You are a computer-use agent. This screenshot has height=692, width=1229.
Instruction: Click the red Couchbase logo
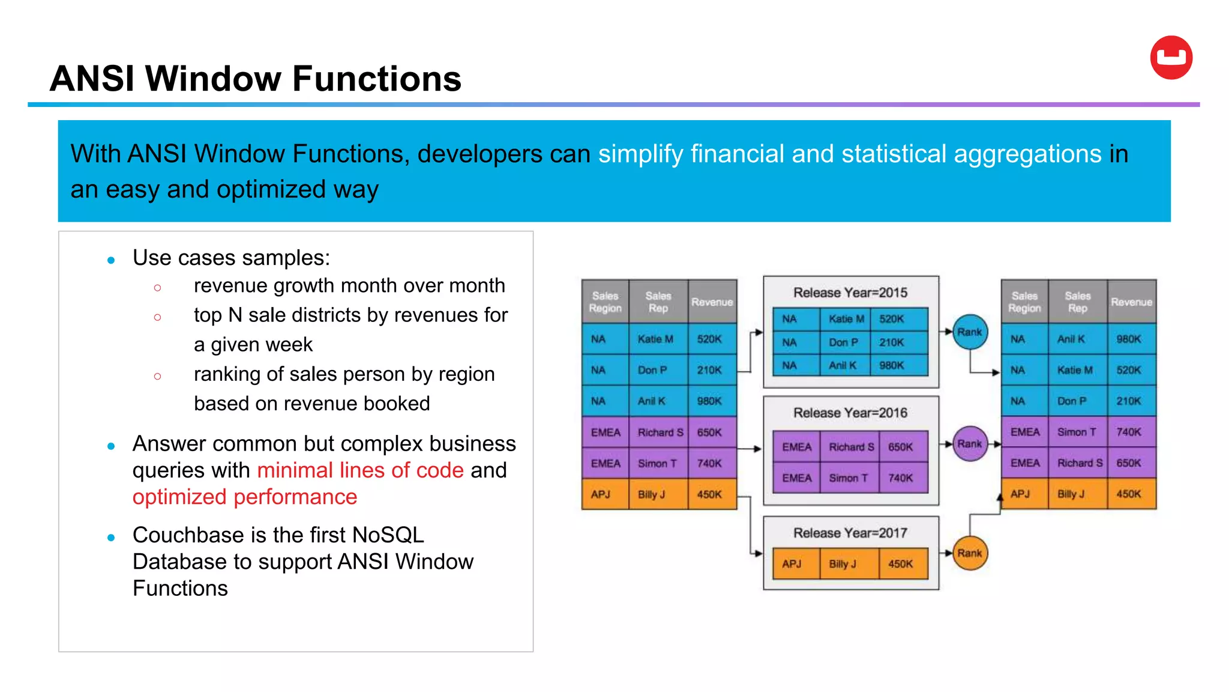pyautogui.click(x=1171, y=58)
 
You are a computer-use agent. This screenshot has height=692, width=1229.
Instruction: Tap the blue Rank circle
pyautogui.click(x=970, y=332)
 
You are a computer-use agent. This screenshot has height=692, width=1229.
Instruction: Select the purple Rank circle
pyautogui.click(x=970, y=444)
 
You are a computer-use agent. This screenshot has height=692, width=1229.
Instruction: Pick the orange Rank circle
pyautogui.click(x=970, y=553)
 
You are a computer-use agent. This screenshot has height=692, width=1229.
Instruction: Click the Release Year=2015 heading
pyautogui.click(x=850, y=293)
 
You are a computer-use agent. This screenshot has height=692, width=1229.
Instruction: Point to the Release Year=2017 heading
pyautogui.click(x=850, y=533)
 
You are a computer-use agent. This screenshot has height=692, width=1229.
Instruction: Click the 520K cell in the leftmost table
pyautogui.click(x=709, y=339)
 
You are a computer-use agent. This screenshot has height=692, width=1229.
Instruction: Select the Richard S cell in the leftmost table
pyautogui.click(x=660, y=432)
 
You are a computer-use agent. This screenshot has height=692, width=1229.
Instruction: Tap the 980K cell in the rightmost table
pyautogui.click(x=1128, y=339)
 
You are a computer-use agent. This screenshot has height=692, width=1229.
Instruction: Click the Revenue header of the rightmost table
pyautogui.click(x=1131, y=302)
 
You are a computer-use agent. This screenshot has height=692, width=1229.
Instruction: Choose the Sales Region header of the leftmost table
pyautogui.click(x=605, y=302)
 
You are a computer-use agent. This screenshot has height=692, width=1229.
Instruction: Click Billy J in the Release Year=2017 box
pyautogui.click(x=843, y=564)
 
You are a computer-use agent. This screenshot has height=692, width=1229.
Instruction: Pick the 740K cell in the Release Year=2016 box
pyautogui.click(x=900, y=478)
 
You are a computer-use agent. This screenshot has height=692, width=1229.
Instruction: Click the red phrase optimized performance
pyautogui.click(x=245, y=497)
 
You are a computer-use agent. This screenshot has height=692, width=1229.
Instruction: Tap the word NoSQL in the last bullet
pyautogui.click(x=388, y=535)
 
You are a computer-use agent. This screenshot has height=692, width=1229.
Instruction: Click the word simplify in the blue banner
pyautogui.click(x=640, y=154)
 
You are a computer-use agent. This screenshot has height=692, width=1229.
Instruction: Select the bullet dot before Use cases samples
pyautogui.click(x=111, y=260)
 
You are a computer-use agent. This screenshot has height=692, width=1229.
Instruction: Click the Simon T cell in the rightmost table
pyautogui.click(x=1077, y=432)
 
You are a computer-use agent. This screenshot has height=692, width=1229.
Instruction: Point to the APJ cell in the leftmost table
pyautogui.click(x=600, y=494)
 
